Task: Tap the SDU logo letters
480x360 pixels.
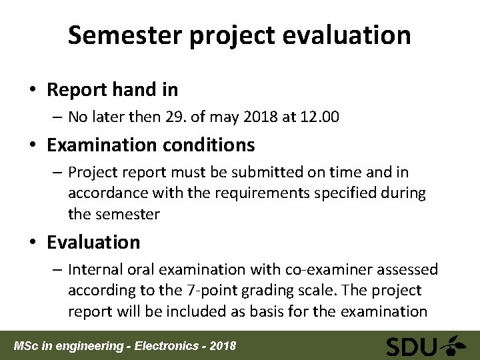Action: [412, 346]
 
